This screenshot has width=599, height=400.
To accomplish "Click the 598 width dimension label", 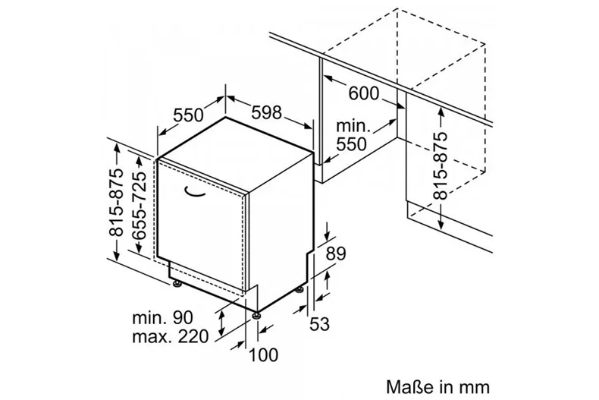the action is click(x=267, y=112).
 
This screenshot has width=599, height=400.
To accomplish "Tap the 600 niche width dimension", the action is click(x=364, y=93).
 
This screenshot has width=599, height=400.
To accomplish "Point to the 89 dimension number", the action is click(x=336, y=254).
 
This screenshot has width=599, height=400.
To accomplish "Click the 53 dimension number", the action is click(x=319, y=324).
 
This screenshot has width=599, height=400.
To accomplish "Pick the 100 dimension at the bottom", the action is click(x=264, y=355).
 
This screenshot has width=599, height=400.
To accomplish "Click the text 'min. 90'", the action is click(x=163, y=318).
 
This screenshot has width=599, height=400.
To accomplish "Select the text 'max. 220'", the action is click(x=171, y=336).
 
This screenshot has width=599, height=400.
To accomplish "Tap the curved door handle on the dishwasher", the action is click(x=194, y=192).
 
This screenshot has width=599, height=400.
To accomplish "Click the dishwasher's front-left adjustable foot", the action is click(x=176, y=283).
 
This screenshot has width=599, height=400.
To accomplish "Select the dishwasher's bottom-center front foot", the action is click(x=256, y=316).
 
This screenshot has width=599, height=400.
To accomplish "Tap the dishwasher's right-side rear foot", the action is click(x=301, y=289).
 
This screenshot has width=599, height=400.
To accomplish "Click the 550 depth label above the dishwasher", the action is click(x=188, y=115).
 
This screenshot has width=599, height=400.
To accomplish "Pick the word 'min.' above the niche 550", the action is click(x=353, y=125).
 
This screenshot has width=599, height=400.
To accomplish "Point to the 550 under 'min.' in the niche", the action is click(x=351, y=144).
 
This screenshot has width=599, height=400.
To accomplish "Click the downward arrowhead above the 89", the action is click(x=328, y=235).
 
